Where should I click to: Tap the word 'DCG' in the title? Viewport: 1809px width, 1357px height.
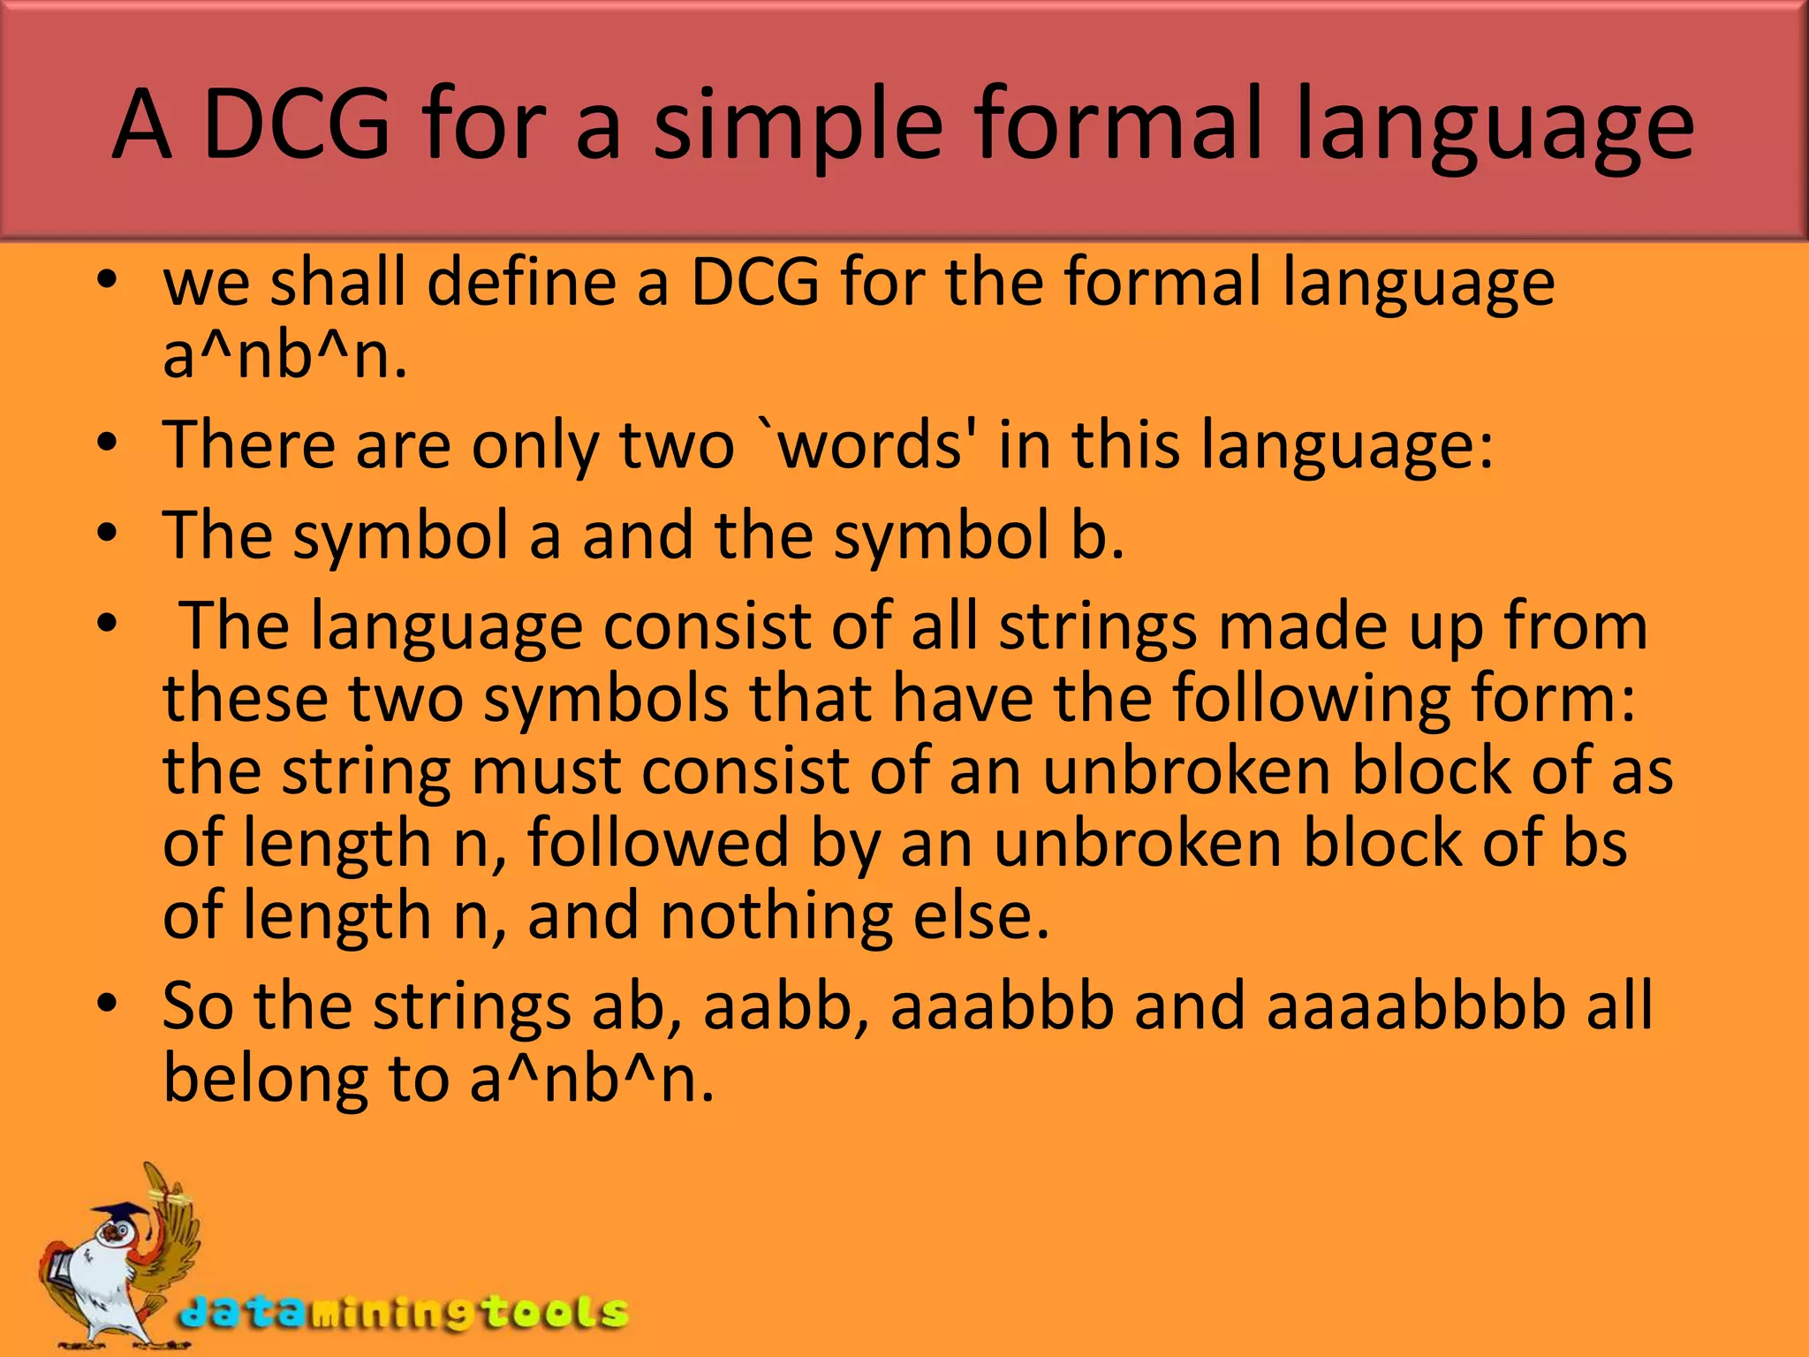tap(296, 126)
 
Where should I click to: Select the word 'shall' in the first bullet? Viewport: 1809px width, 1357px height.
tap(337, 283)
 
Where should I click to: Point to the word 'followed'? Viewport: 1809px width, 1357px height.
tap(658, 843)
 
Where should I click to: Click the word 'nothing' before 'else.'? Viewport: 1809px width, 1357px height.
tap(776, 916)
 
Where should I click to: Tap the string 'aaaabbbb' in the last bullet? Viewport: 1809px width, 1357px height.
tap(1415, 1007)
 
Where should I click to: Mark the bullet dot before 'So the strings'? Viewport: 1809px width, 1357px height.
tap(108, 1004)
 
